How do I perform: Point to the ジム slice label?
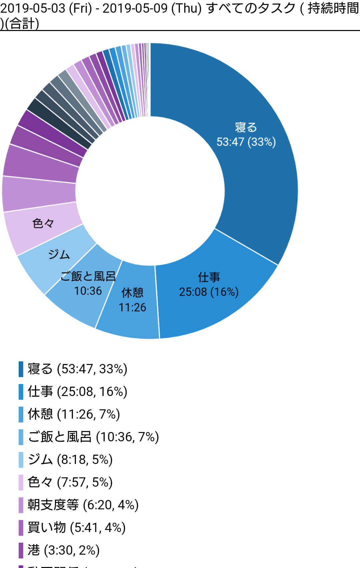tap(59, 255)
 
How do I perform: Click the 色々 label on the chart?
tap(43, 223)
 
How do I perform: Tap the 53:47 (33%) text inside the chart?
tap(246, 142)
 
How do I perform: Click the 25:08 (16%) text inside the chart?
tap(209, 292)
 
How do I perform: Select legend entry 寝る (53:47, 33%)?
tap(77, 369)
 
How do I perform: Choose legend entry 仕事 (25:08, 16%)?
tap(77, 392)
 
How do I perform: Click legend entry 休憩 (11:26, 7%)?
tap(74, 414)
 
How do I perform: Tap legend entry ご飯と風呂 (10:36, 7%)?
tap(93, 437)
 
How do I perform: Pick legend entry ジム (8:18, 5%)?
tap(70, 460)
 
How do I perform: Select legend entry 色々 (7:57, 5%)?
tap(70, 482)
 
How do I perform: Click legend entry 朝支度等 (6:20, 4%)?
tap(83, 505)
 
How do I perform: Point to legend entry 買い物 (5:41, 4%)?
tap(76, 528)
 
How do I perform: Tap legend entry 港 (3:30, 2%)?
tap(64, 550)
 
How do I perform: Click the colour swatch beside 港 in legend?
tap(21, 550)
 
